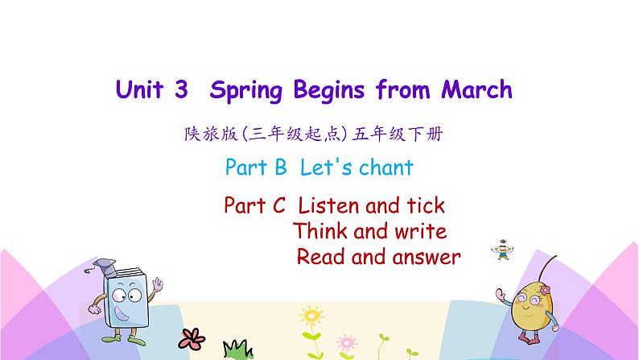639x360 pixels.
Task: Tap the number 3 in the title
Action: (x=181, y=89)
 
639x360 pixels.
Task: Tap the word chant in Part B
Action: (x=385, y=168)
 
